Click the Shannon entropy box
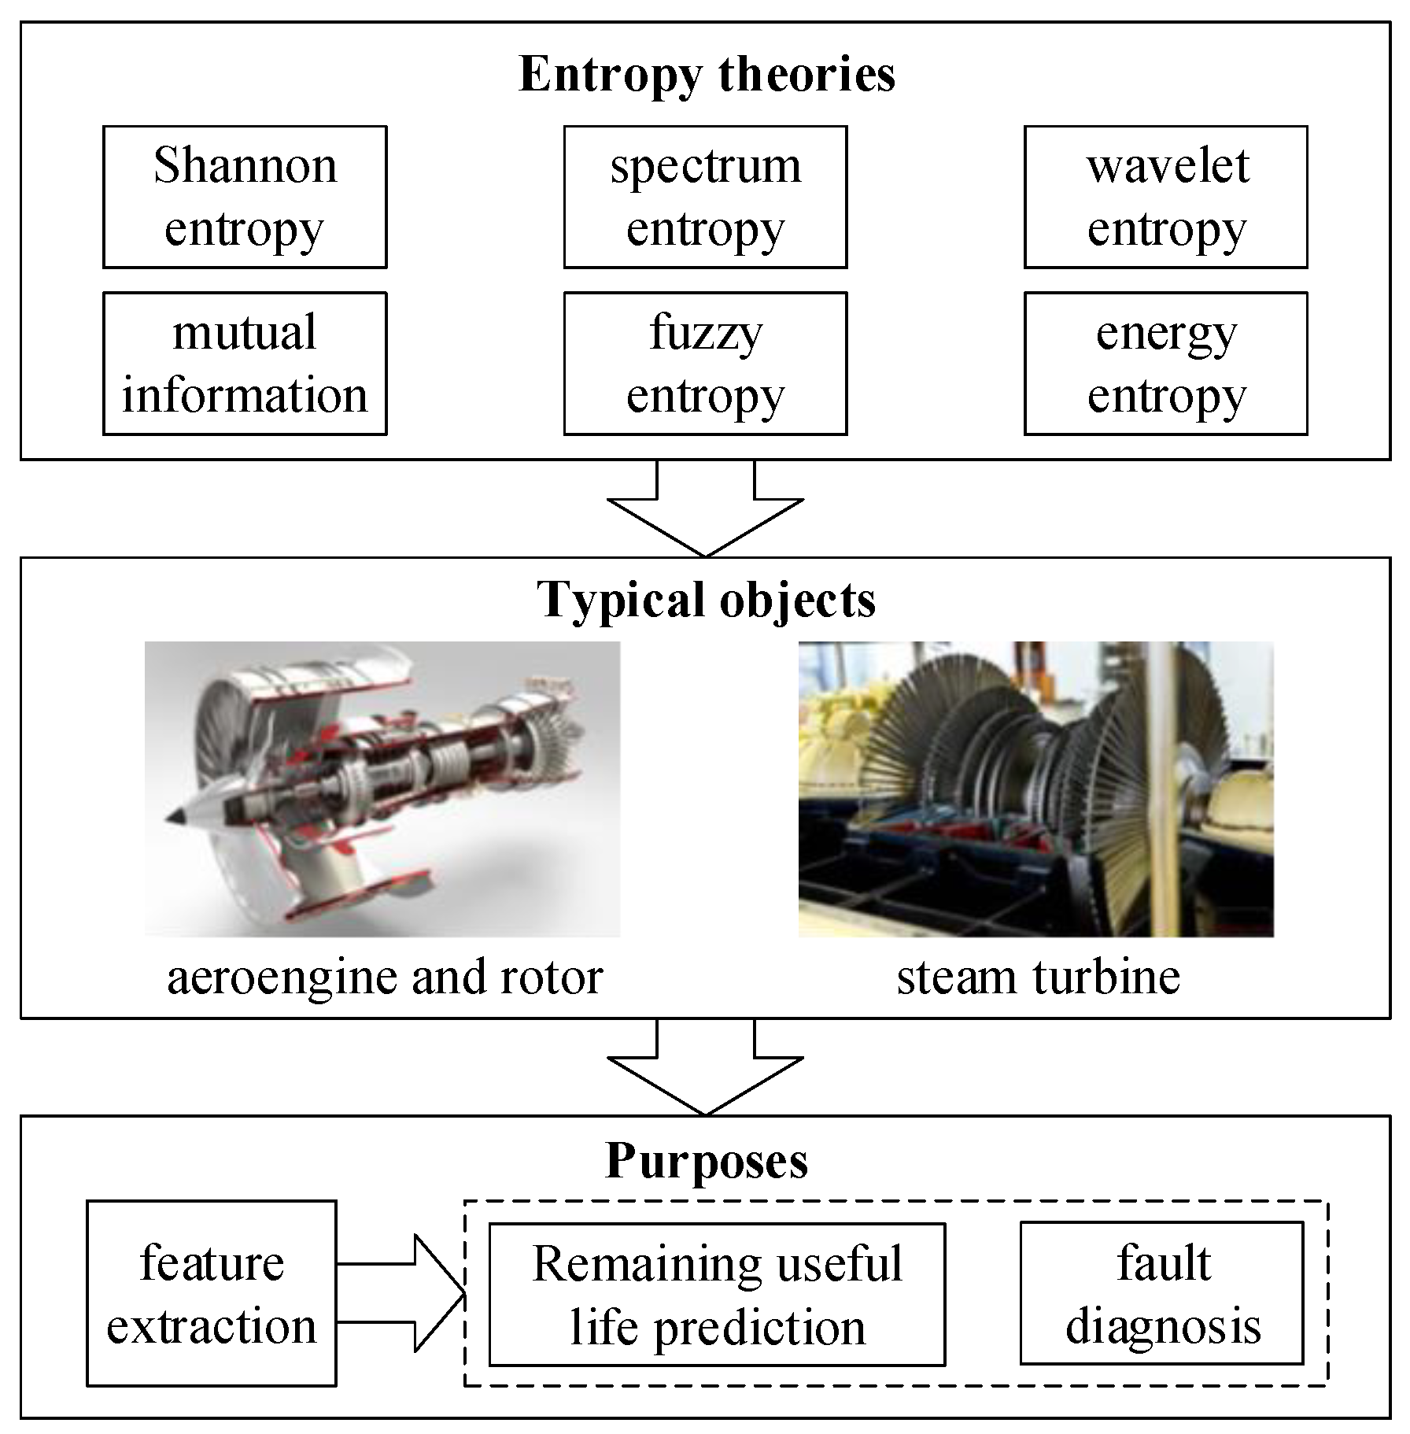tap(245, 197)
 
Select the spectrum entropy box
tap(705, 197)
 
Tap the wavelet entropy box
tap(1165, 197)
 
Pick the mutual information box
tap(245, 363)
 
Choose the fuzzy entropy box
tap(705, 363)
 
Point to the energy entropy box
tap(1165, 363)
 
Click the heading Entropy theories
tap(707, 75)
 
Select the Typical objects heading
tap(706, 601)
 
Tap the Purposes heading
tap(706, 1160)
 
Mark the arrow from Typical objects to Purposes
tap(706, 1068)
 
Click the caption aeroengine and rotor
tap(385, 978)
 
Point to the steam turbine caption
tap(1038, 978)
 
